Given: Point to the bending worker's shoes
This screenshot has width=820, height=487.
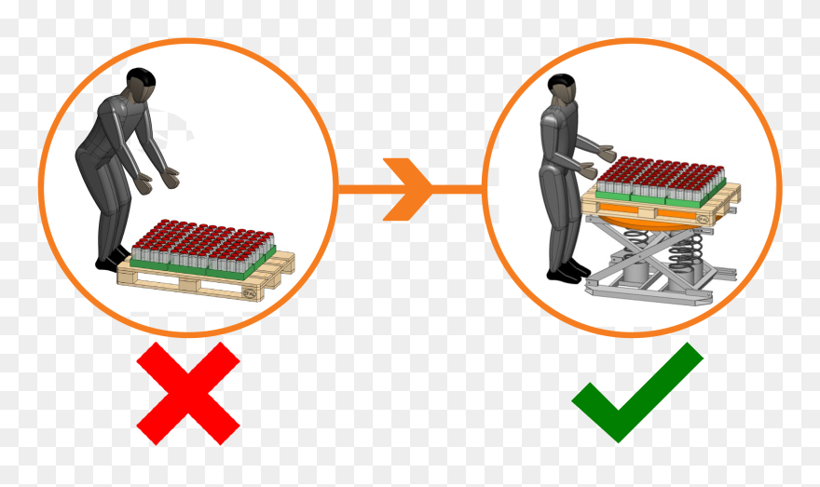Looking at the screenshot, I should (113, 258).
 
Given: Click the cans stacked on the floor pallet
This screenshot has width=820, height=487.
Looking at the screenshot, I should (200, 244).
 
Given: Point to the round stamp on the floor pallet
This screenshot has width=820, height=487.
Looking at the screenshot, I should (249, 291).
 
